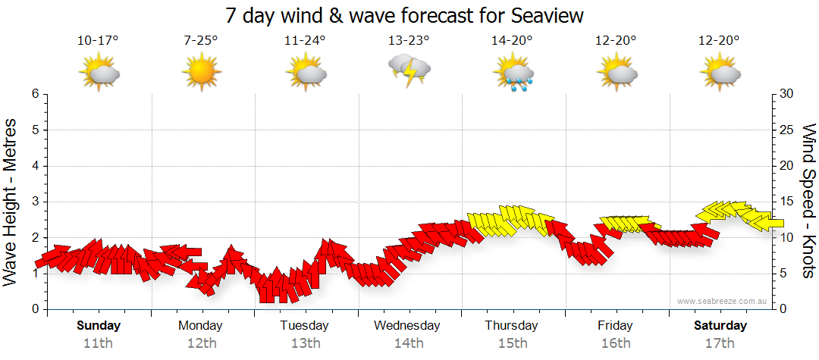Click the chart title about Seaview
coord(405,16)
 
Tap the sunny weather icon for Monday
coord(201,72)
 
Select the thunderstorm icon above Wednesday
coord(409,70)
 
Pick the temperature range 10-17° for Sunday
coord(98,41)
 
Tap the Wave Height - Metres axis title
coord(11,202)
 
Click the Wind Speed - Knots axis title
coord(808,201)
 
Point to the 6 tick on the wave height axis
coord(35,94)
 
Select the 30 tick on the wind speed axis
coord(788,94)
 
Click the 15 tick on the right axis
coord(788,202)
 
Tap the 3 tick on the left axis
coord(35,202)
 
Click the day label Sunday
coord(99,326)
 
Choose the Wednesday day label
coord(407,326)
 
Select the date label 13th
coord(305,343)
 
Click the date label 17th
coord(720,343)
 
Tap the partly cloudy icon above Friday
coord(617,73)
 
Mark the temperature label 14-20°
coord(512,41)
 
